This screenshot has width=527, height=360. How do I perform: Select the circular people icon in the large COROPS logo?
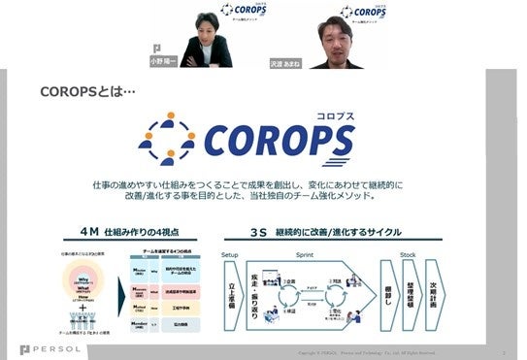click(x=167, y=139)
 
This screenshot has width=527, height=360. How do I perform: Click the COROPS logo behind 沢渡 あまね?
click(x=361, y=13)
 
